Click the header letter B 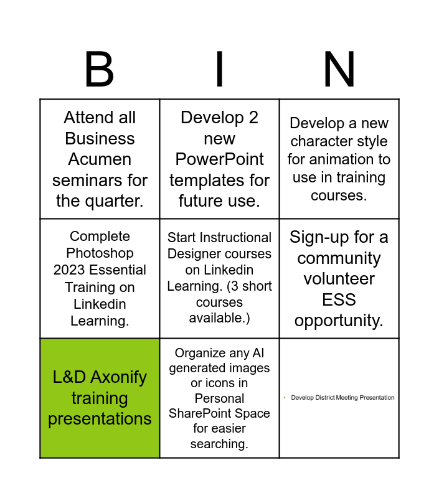pyautogui.click(x=99, y=69)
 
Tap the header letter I pyautogui.click(x=219, y=69)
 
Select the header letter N pyautogui.click(x=339, y=69)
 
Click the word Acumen pyautogui.click(x=100, y=159)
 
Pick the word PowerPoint pyautogui.click(x=219, y=159)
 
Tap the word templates pyautogui.click(x=204, y=181)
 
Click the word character pyautogui.click(x=321, y=141)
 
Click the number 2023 pyautogui.click(x=70, y=270)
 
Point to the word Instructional pyautogui.click(x=236, y=238)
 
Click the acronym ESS pyautogui.click(x=339, y=299)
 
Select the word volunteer pyautogui.click(x=339, y=279)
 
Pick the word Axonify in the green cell pyautogui.click(x=118, y=378)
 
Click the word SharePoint pyautogui.click(x=199, y=413)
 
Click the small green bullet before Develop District pyautogui.click(x=285, y=397)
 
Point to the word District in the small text pyautogui.click(x=324, y=398)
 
